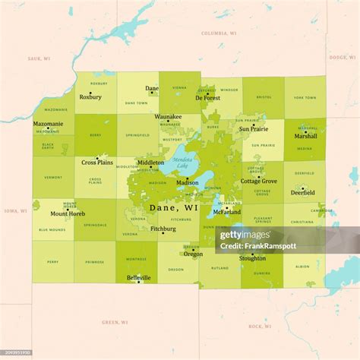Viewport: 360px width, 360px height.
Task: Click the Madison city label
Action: pos(187,183)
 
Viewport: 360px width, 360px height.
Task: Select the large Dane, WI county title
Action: pos(175,207)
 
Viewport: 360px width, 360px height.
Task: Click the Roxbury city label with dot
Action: pos(90,97)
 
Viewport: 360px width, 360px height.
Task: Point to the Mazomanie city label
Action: pos(49,123)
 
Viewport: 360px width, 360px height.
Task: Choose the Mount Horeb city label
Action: pos(68,214)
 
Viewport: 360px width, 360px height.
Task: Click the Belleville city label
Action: pos(139,278)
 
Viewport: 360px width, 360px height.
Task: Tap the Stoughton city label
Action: pos(252,258)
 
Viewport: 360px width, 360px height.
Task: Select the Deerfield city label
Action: pos(304,193)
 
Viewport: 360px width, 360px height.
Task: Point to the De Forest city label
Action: pos(207,97)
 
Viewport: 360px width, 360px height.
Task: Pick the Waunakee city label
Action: pos(168,117)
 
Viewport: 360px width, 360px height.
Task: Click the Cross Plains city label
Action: pos(97,162)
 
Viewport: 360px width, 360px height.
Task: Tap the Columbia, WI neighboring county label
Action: pos(219,33)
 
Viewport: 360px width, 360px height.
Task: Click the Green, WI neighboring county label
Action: pos(116,322)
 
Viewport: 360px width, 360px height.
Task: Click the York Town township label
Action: pos(305,97)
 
